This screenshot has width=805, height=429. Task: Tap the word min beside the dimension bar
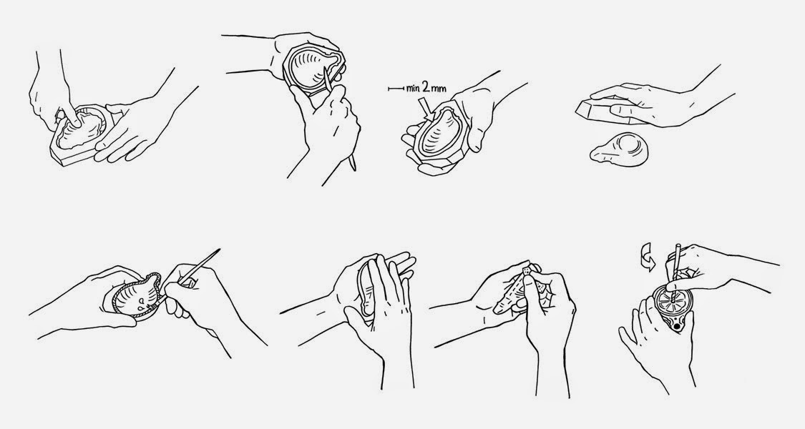pyautogui.click(x=414, y=88)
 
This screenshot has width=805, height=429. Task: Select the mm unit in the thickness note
pyautogui.click(x=439, y=89)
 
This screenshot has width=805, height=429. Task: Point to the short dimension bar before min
pyautogui.click(x=396, y=89)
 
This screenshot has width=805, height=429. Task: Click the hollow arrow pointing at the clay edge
pyautogui.click(x=426, y=109)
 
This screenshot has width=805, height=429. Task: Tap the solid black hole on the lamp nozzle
pyautogui.click(x=678, y=325)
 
